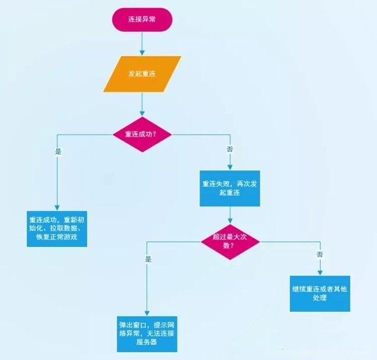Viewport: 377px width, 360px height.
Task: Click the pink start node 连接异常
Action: point(142,20)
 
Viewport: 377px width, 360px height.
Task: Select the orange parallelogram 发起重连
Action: point(142,74)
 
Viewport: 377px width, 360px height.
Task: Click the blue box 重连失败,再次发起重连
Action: point(230,189)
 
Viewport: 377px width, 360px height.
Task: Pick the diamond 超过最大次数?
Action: point(230,241)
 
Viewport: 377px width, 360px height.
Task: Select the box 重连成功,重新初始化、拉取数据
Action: point(57,228)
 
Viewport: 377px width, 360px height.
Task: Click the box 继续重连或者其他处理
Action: point(320,293)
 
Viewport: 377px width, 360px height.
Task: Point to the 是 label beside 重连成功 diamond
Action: point(58,151)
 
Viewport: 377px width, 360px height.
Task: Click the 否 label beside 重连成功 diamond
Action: point(230,150)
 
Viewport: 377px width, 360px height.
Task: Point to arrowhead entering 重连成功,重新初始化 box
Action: point(57,206)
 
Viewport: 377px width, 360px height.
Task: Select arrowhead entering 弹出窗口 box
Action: point(147,313)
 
